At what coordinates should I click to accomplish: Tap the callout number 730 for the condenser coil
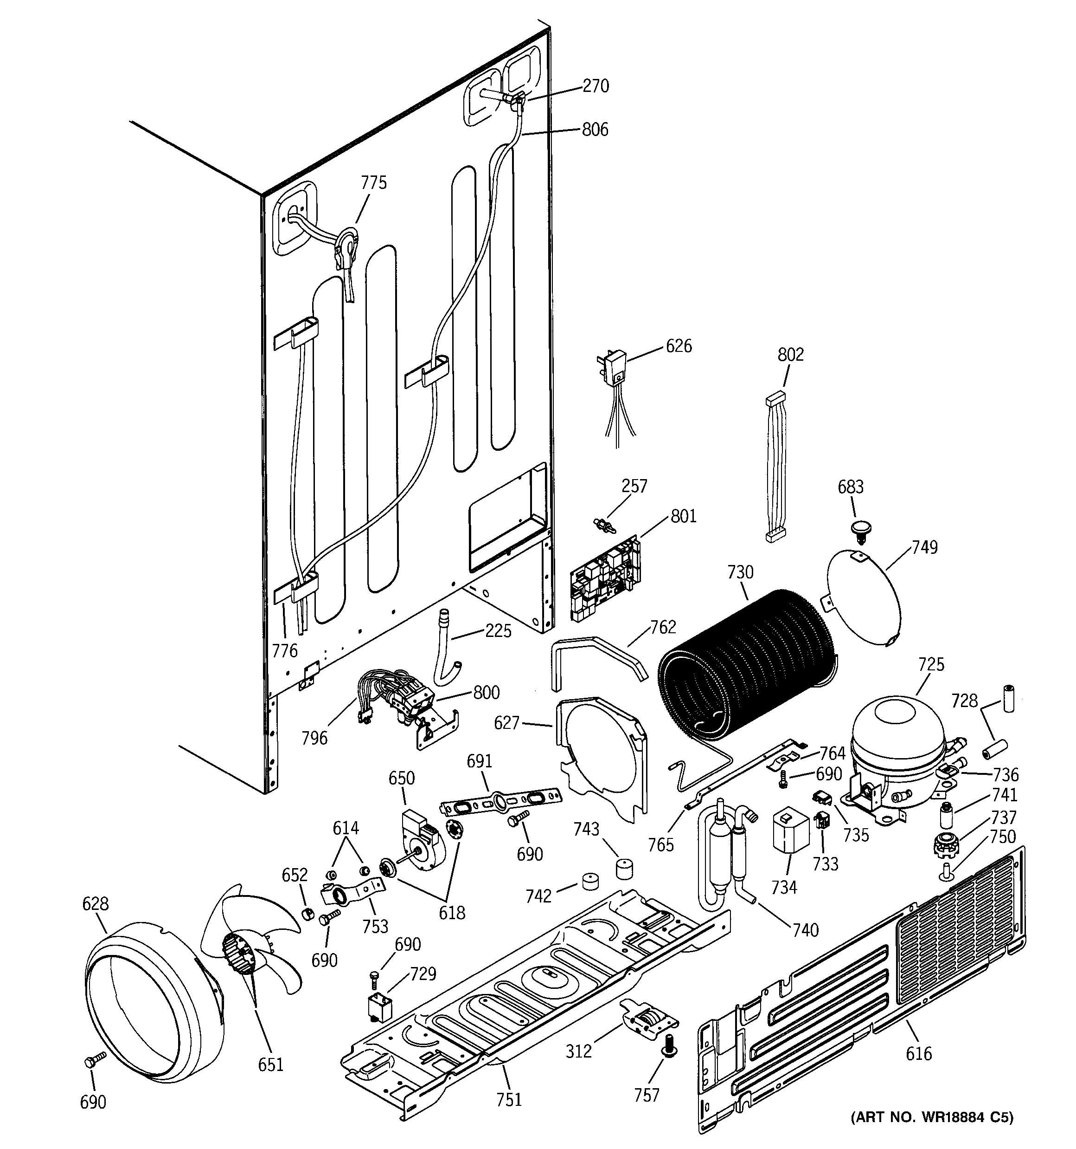(x=740, y=572)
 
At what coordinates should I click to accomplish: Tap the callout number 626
(x=679, y=346)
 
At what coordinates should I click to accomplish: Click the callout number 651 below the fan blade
(x=270, y=1064)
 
